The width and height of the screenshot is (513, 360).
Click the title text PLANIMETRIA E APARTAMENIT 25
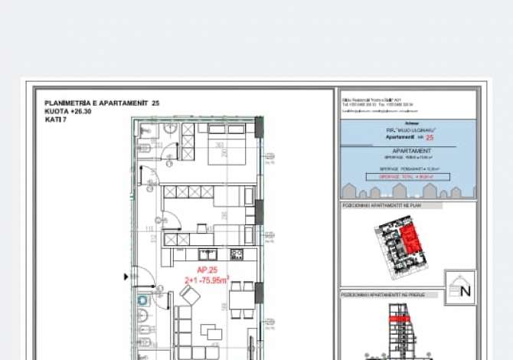tap(102, 103)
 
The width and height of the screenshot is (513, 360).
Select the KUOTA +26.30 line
tap(67, 111)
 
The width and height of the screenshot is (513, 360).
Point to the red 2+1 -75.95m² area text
tap(207, 280)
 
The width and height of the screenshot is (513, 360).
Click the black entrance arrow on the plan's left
tap(127, 276)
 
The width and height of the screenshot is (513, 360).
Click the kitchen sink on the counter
tap(207, 254)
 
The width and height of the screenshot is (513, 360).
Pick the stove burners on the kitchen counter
tap(237, 254)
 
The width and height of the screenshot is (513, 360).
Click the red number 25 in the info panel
tap(429, 137)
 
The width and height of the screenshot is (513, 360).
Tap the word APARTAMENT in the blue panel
tap(407, 152)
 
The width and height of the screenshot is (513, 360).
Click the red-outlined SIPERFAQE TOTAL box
tap(407, 176)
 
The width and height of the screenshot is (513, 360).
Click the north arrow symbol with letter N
tap(460, 288)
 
